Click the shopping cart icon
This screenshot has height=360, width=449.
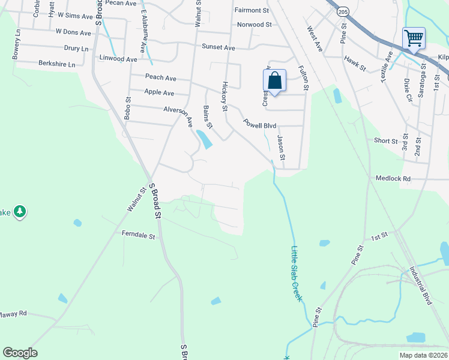[414, 38]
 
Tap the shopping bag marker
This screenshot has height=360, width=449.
[274, 80]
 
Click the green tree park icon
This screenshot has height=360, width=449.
[20, 211]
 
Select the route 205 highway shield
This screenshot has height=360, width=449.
[342, 11]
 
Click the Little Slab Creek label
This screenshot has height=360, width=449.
[295, 274]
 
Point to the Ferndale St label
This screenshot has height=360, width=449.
[139, 235]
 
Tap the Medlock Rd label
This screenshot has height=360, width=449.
[393, 178]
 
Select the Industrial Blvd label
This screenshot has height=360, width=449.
[421, 286]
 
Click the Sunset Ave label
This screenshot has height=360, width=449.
[218, 47]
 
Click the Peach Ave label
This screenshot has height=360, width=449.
[161, 77]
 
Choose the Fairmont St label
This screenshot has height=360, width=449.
[252, 10]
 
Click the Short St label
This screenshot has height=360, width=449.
[386, 141]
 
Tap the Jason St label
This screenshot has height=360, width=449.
[280, 148]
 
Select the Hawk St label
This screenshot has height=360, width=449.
[355, 64]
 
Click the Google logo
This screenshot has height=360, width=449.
[20, 353]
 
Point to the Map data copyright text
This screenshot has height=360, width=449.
[424, 355]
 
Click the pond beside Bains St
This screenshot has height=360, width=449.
[204, 140]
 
